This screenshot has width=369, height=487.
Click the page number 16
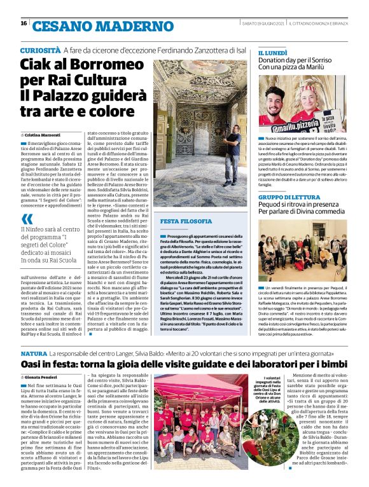23,24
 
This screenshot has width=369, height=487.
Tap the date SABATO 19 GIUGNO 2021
261,24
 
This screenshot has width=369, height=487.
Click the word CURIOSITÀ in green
40,50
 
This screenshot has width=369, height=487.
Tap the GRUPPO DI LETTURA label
289,198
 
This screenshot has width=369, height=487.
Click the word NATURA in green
34,352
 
